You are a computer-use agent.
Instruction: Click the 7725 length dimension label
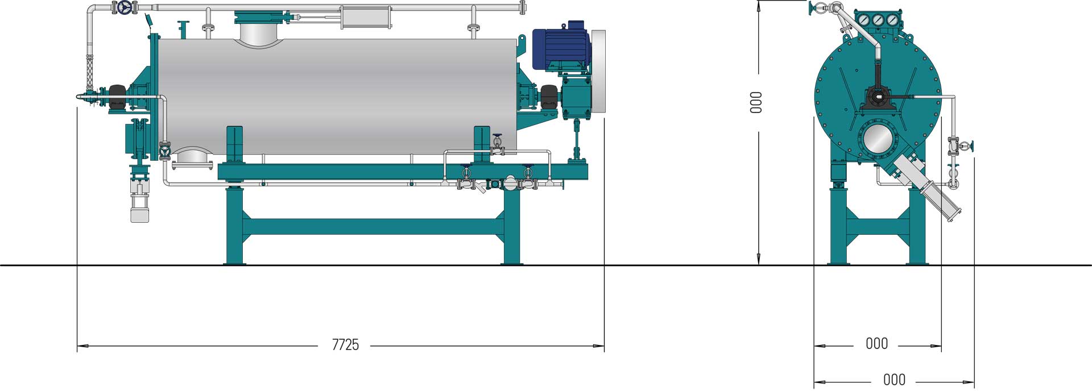345,345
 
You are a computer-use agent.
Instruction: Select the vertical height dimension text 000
756,102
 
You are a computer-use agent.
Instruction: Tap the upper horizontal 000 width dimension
876,344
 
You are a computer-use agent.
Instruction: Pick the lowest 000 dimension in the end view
894,380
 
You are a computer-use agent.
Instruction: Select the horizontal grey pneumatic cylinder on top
365,16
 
